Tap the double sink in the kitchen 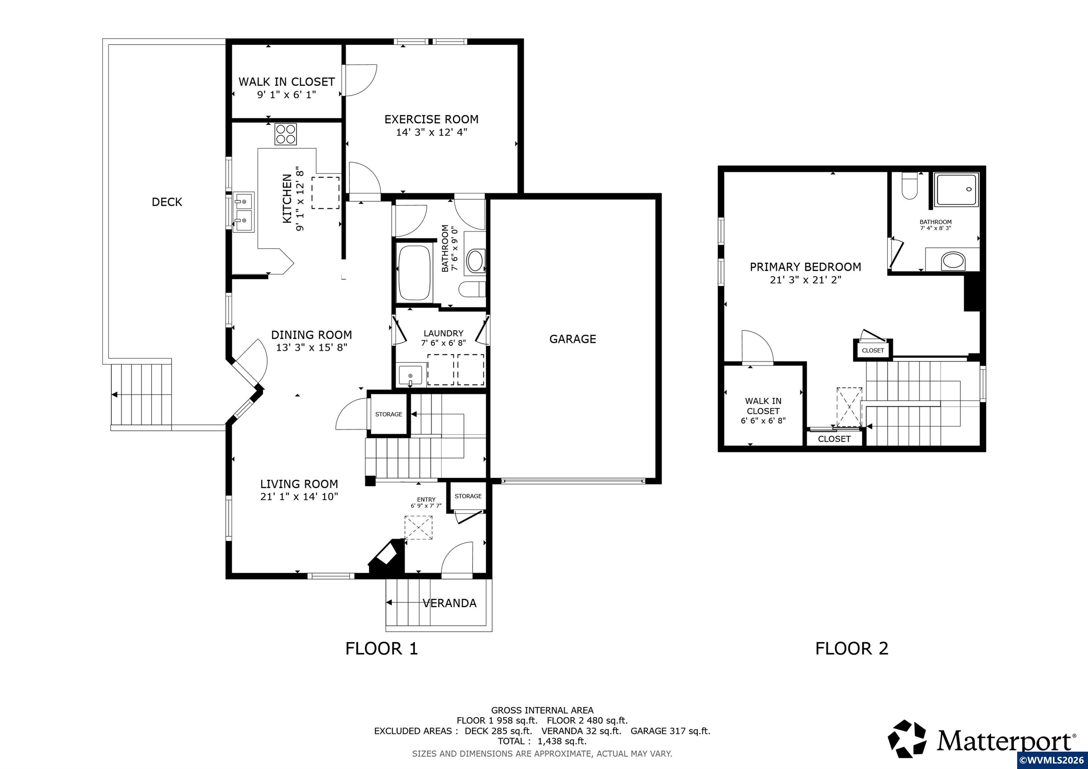pyautogui.click(x=244, y=212)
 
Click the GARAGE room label pyautogui.click(x=572, y=339)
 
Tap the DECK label pyautogui.click(x=167, y=202)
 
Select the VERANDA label pyautogui.click(x=449, y=603)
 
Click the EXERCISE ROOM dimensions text pyautogui.click(x=432, y=132)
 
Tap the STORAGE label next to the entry pyautogui.click(x=468, y=496)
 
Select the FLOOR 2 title pyautogui.click(x=851, y=648)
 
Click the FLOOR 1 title pyautogui.click(x=381, y=648)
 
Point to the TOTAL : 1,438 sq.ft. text pyautogui.click(x=542, y=741)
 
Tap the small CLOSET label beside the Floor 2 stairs pyautogui.click(x=873, y=351)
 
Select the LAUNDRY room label pyautogui.click(x=443, y=334)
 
